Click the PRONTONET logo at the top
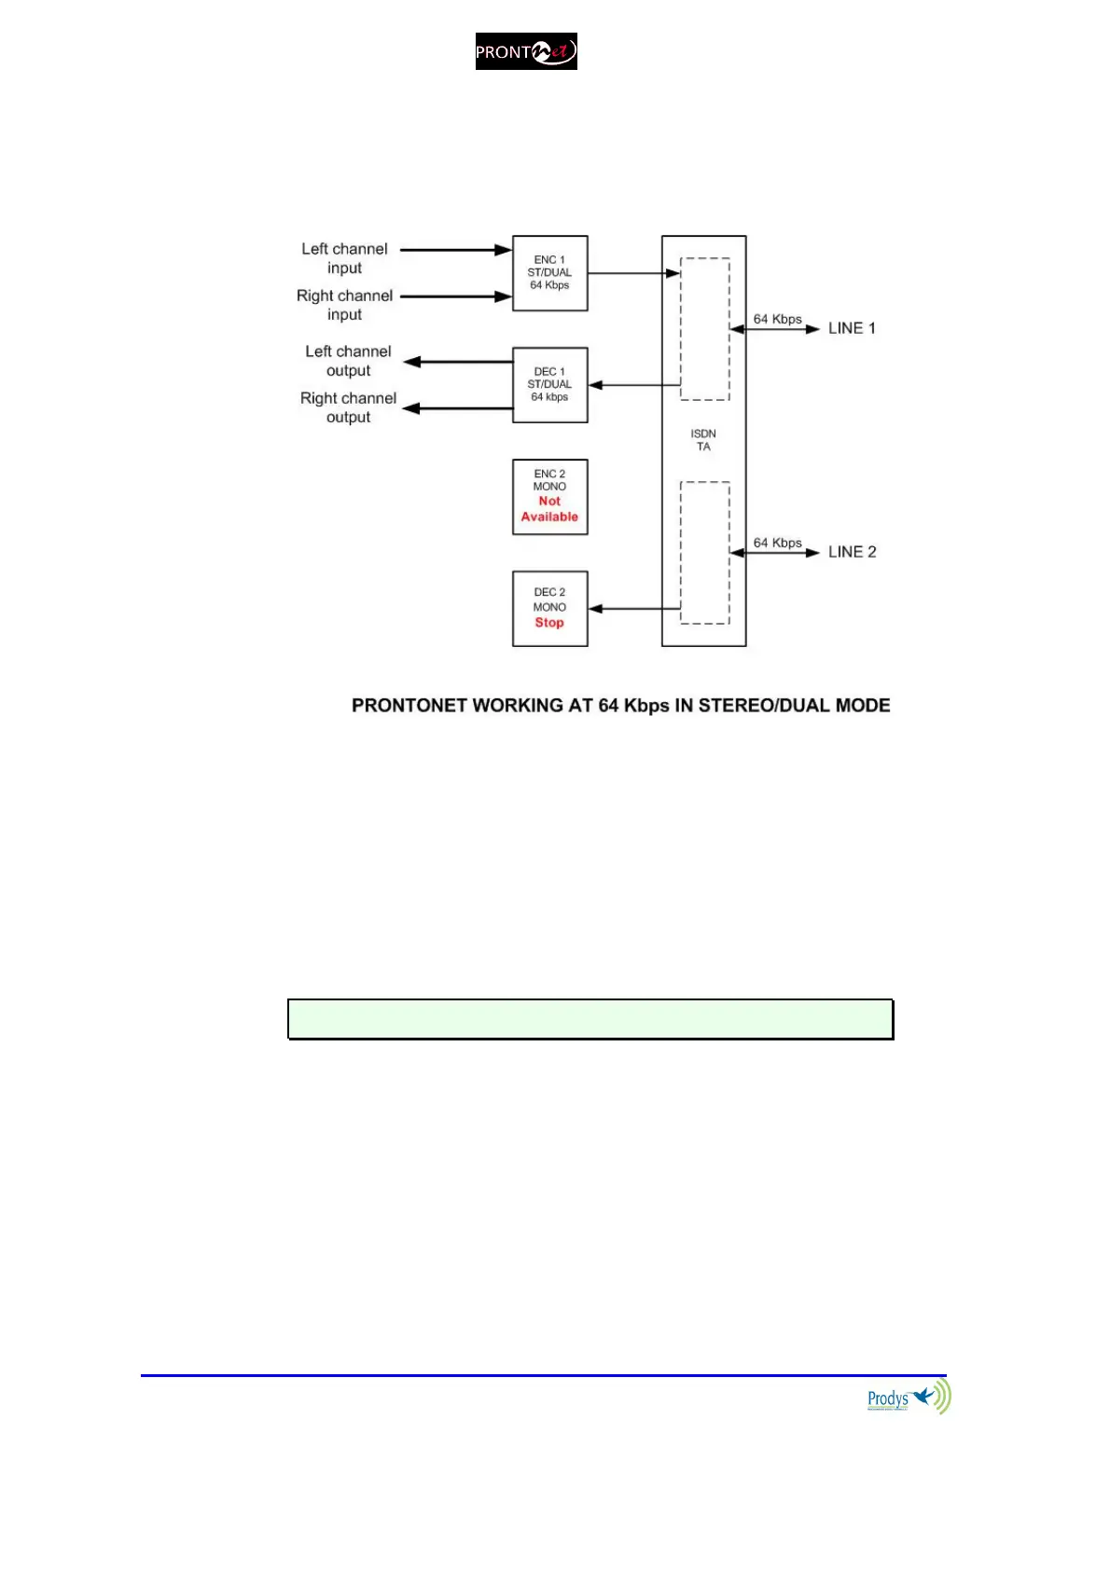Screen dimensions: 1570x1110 coord(526,51)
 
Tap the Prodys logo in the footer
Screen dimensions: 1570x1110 coord(908,1398)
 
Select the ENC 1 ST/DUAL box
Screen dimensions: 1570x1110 coord(549,272)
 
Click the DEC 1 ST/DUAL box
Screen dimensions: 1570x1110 coord(549,384)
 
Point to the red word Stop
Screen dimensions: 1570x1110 coord(549,623)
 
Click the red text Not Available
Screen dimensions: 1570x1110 coord(549,509)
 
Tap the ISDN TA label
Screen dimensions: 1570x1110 coord(703,440)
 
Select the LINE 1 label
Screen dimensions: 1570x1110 coord(852,328)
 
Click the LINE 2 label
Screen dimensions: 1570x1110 coord(852,552)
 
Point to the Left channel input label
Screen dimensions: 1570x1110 coord(344,258)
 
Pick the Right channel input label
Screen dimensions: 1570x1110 coord(344,305)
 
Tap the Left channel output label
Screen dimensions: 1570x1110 coord(348,361)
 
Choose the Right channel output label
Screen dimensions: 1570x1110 coord(348,407)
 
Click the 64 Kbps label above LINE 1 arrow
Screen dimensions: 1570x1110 coord(777,319)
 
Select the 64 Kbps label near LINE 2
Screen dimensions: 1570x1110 coord(777,543)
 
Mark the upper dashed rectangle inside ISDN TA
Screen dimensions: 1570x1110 coord(705,328)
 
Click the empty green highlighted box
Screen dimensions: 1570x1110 coord(590,1019)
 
